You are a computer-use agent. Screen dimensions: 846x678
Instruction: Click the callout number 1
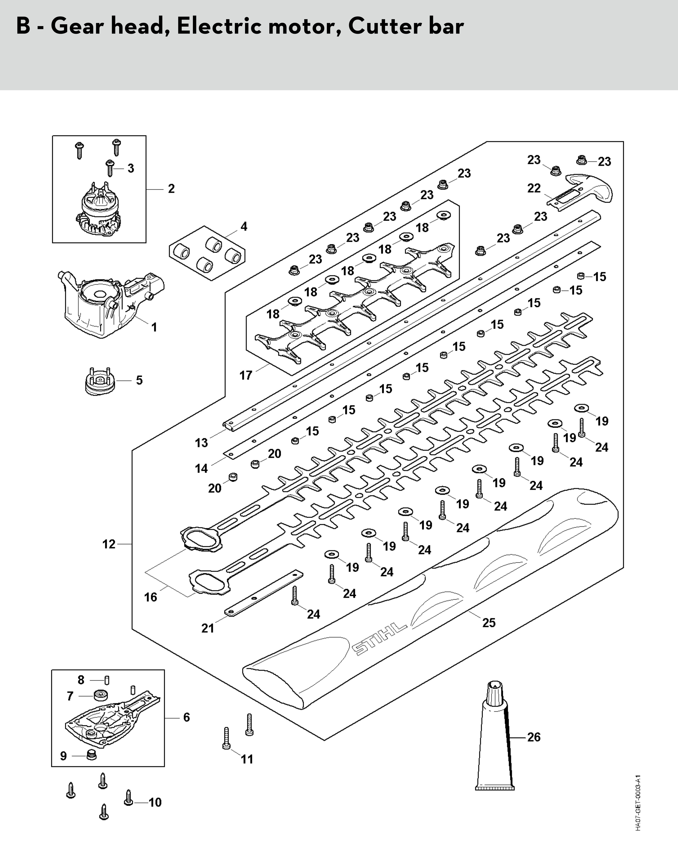(x=154, y=327)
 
